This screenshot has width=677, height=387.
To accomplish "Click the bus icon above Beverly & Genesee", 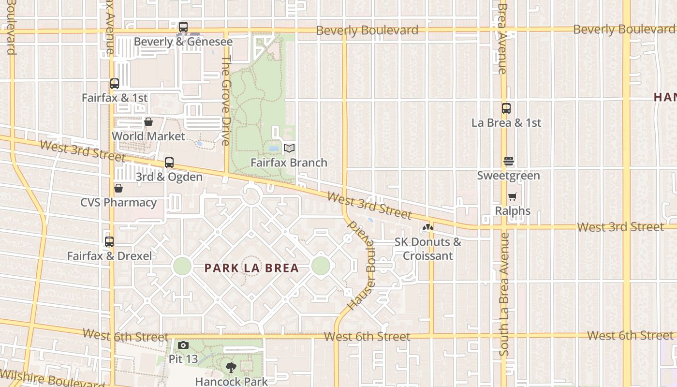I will pos(183,27).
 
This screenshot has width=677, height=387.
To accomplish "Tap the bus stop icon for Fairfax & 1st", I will pos(115,84).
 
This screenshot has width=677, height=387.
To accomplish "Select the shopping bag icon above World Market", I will pos(148,122).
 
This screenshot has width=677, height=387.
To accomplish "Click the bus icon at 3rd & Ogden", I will pos(169,163).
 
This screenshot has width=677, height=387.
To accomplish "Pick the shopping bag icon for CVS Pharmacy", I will pos(118,188).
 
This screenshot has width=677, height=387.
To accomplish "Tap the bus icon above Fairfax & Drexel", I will pos(109,242).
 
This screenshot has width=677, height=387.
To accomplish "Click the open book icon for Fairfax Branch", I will pos(289,149).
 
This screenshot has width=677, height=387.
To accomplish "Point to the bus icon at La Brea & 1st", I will pos(506,108).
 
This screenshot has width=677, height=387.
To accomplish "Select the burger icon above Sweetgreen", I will pos(508,161).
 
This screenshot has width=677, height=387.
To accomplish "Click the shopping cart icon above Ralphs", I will pos(513,196).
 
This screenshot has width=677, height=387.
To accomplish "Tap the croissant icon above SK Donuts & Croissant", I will pos(428,227).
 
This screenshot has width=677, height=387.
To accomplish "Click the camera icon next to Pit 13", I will pos(183,345).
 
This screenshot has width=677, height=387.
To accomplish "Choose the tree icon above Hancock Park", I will pos(231,368).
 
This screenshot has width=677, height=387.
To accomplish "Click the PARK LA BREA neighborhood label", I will pos(251,268).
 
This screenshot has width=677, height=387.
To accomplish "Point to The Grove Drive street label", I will pos(226,101).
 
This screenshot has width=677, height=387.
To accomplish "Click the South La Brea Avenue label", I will pos(504,295).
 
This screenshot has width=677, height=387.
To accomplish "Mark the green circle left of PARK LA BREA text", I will pos(182,267).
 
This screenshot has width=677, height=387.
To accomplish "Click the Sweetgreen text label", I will pos(508,176).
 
